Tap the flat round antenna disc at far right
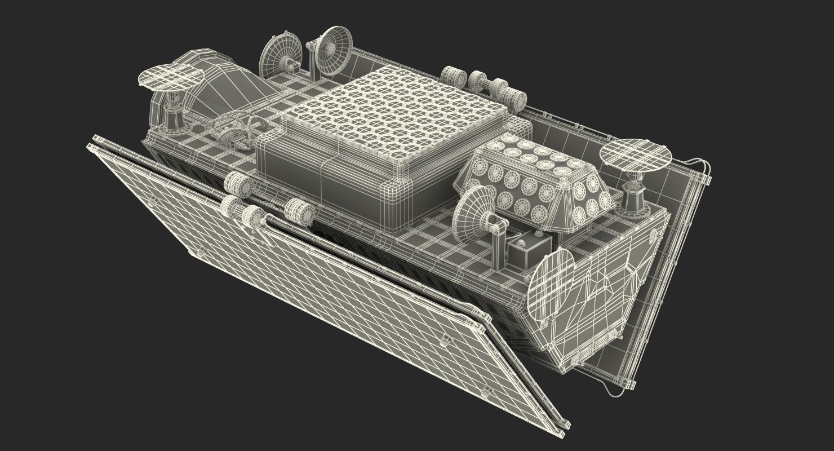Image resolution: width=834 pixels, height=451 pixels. tap(636, 156)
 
